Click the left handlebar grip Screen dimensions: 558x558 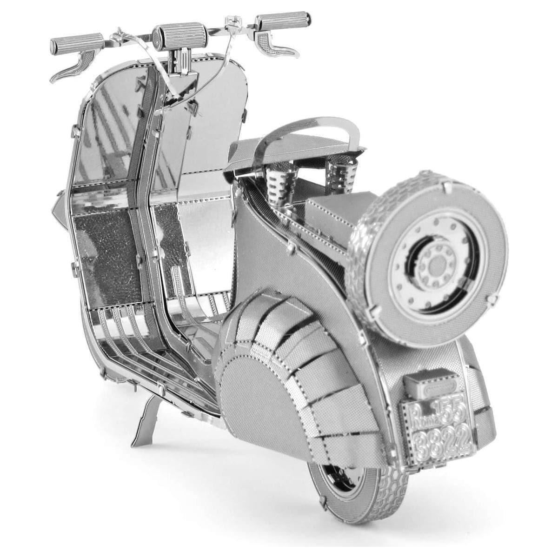(x=77, y=42)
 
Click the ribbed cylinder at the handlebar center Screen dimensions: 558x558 (x=173, y=35)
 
